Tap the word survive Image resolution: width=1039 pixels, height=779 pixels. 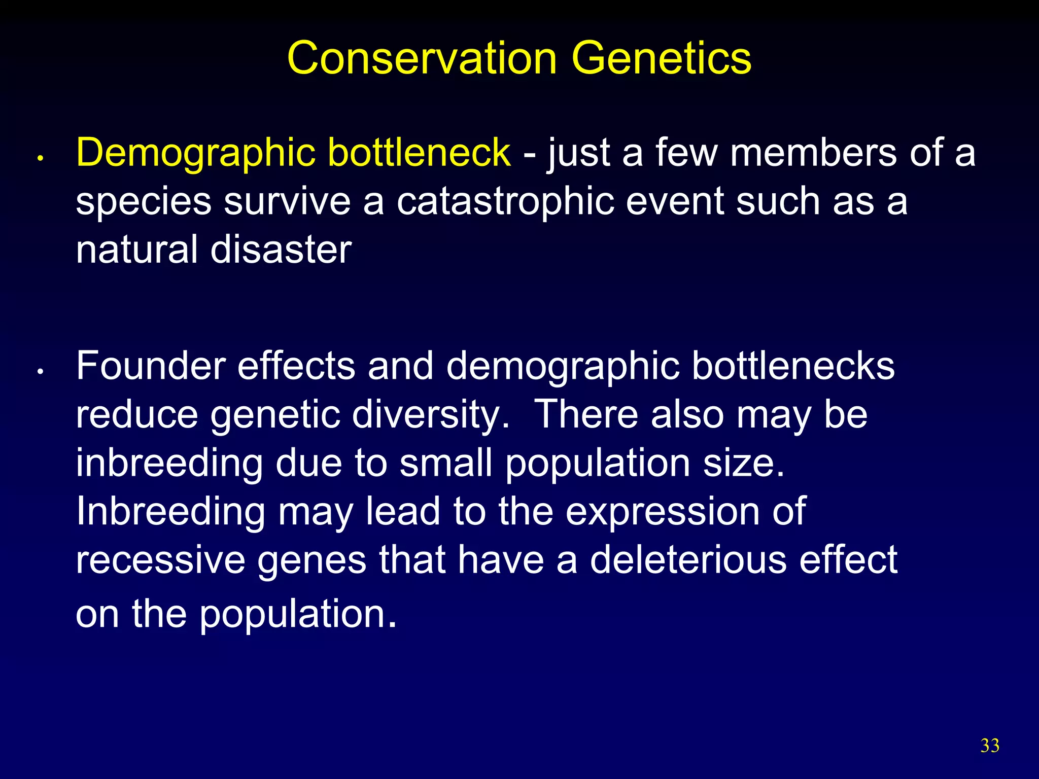(x=287, y=201)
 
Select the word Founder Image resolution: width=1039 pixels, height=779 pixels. (x=151, y=366)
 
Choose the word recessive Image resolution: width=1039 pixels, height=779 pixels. (x=160, y=560)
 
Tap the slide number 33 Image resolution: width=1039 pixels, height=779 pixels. (x=990, y=746)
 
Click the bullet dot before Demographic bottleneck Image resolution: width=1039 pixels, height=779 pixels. (x=40, y=159)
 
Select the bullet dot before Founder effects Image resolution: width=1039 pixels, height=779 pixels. (x=40, y=372)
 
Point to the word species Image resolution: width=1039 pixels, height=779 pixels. (x=143, y=202)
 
